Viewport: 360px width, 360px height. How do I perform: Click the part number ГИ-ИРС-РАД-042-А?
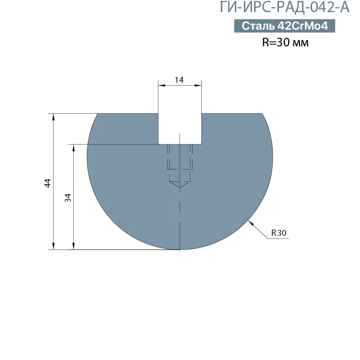point(284,8)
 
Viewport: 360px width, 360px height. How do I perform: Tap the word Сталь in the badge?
point(258,26)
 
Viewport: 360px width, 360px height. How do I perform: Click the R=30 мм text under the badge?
point(285,43)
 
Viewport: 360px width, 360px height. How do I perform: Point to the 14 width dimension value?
point(179,80)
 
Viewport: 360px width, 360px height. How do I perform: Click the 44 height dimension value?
point(48,182)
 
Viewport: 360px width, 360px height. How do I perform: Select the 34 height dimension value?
point(68,197)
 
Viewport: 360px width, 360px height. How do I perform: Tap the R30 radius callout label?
point(279,233)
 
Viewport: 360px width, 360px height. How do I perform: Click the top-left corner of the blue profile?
point(99,114)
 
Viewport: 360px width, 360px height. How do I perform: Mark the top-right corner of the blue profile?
point(262,114)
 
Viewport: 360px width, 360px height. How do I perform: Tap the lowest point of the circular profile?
point(179,249)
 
